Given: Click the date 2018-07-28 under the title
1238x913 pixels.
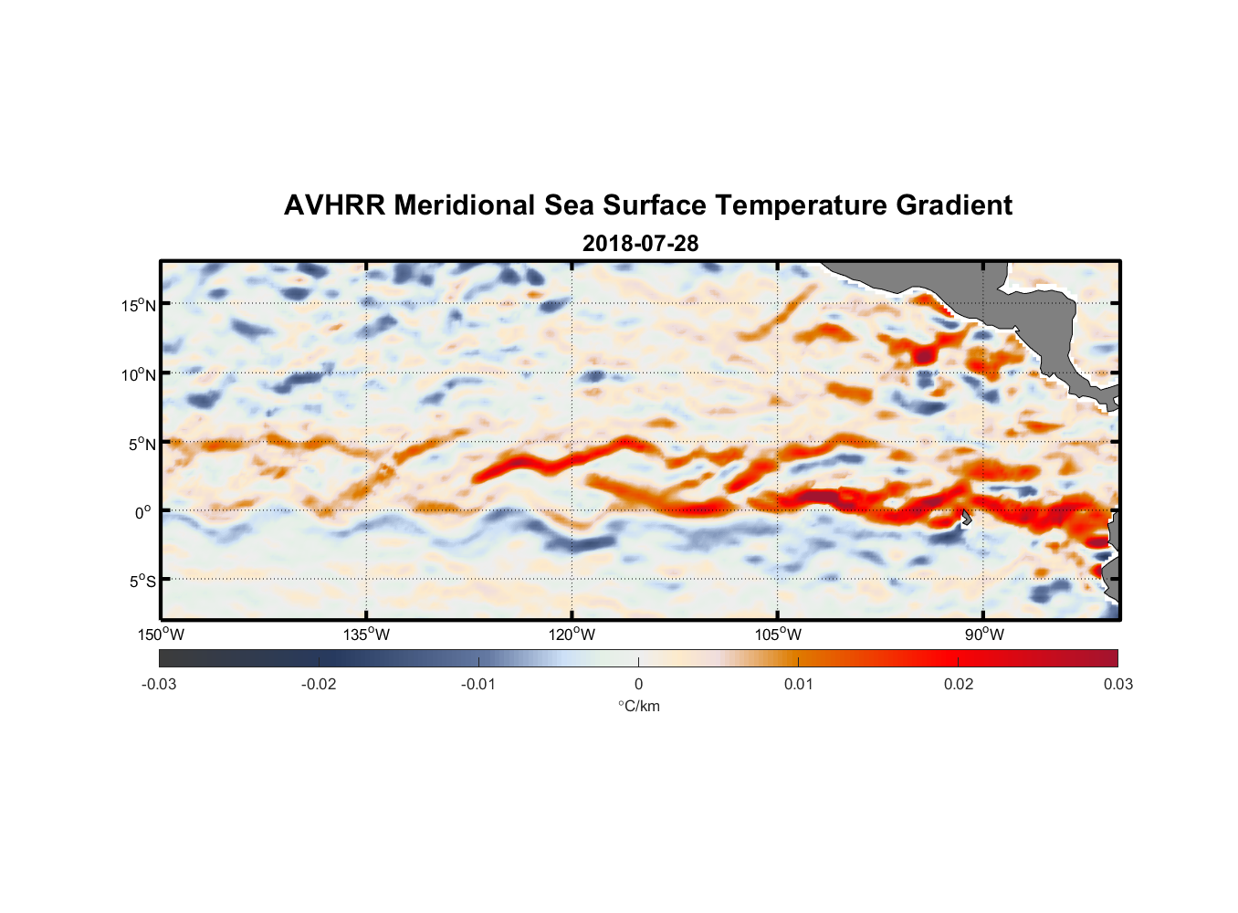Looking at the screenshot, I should click(640, 243).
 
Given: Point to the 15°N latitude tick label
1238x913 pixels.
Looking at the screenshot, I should click(139, 305).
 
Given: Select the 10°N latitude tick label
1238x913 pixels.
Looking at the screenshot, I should click(139, 374).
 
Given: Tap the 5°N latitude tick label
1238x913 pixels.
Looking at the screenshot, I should click(142, 444).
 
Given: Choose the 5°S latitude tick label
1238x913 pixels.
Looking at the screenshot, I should click(142, 582).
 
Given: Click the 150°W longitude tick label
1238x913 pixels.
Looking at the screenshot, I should click(161, 635).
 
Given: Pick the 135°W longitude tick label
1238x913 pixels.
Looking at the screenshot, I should click(366, 635).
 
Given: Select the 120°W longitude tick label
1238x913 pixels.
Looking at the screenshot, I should click(572, 635).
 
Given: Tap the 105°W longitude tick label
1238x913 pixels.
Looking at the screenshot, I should click(778, 635).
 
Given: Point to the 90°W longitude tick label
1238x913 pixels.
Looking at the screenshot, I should click(983, 635).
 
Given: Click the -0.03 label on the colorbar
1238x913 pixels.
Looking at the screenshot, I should click(159, 684).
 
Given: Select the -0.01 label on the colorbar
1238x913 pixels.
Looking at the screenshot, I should click(478, 684).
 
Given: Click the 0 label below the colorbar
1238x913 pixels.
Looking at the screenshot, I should click(638, 684).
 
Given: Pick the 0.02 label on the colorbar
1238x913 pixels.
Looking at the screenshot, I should click(959, 684).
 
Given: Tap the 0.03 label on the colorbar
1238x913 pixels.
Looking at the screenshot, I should click(1117, 684).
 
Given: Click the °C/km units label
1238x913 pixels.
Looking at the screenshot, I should click(638, 706).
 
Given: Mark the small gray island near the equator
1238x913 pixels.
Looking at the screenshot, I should click(966, 518).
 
